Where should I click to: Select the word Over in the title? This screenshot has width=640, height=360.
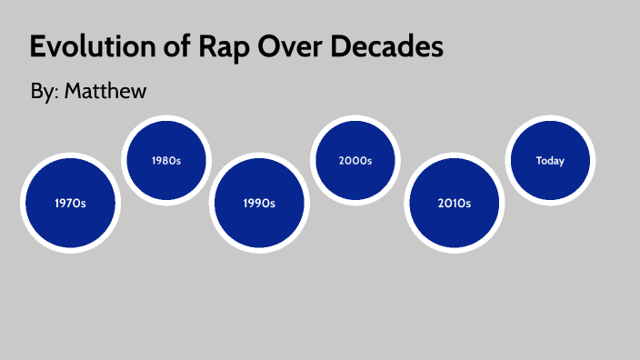coord(294,47)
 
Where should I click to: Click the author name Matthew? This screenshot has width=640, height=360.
coord(105,91)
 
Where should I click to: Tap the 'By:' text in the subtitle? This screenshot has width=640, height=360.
coord(45,91)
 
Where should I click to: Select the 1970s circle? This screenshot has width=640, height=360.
coord(70,203)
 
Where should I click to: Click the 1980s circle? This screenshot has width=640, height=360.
coord(166,161)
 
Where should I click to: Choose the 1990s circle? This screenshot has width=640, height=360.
coord(259,203)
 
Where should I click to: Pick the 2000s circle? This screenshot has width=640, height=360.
coord(355,160)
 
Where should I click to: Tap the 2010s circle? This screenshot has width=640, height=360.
coord(454,203)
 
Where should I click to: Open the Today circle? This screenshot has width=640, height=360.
coord(550,161)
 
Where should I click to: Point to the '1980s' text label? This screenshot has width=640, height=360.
coord(166,161)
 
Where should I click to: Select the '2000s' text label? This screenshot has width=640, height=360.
coord(355,161)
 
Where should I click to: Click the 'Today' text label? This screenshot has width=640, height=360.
coord(550,161)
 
